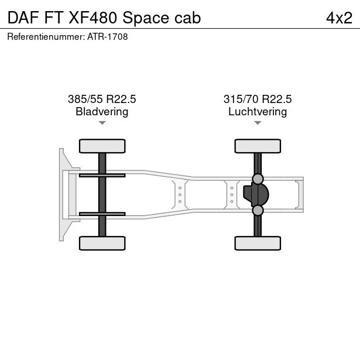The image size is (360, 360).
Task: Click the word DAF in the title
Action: coord(23,18)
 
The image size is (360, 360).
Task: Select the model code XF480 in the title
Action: coord(92,18)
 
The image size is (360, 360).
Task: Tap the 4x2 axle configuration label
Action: coord(339,18)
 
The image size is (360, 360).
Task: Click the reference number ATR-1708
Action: coord(108,37)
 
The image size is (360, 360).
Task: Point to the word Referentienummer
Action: coord(46,37)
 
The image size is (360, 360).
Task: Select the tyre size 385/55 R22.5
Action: coord(102,99)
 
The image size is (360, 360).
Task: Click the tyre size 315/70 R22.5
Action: coord(258,99)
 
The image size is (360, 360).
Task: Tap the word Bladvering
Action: coord(102,112)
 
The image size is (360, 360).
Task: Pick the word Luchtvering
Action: coord(258,112)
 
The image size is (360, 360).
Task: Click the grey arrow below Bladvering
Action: coord(102,123)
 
